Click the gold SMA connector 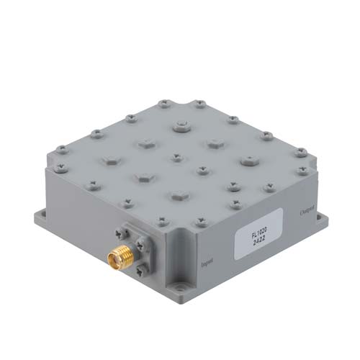(x=116, y=256)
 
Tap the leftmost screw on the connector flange (x=117, y=233)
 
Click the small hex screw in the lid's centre (x=176, y=156)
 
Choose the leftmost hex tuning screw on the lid (x=109, y=158)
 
